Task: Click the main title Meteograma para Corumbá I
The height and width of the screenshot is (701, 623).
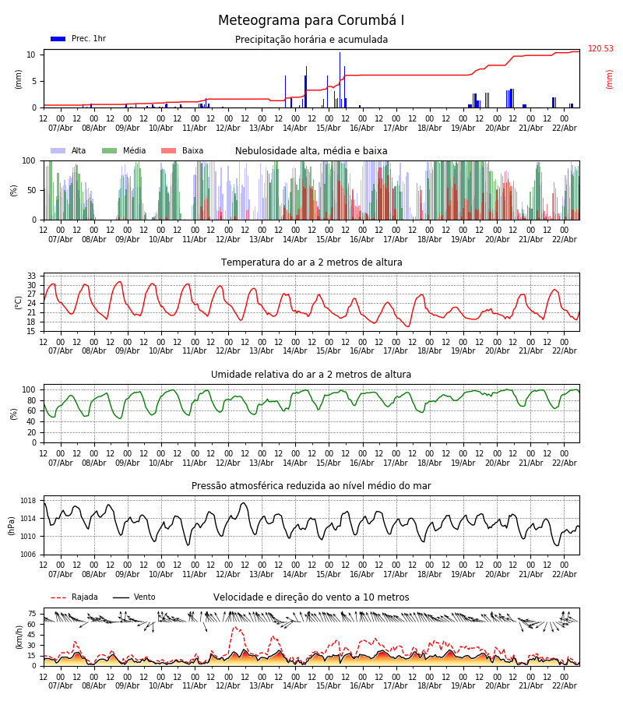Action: (x=311, y=21)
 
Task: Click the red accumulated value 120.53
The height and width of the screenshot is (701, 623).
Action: (x=600, y=49)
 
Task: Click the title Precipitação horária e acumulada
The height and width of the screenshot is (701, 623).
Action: (x=311, y=40)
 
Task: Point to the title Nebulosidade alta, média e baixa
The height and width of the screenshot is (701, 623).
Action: (x=311, y=151)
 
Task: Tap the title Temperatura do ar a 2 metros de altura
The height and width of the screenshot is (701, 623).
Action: (x=311, y=262)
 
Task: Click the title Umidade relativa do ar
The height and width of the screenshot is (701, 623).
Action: (x=311, y=375)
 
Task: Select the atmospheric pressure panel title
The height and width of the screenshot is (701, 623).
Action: (x=311, y=486)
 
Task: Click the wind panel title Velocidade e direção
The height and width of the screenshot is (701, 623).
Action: (x=311, y=597)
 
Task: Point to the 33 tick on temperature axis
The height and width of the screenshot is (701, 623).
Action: (x=32, y=276)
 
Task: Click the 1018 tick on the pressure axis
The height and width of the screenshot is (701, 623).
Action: (x=29, y=501)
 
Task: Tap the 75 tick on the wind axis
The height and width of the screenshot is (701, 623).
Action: (x=32, y=614)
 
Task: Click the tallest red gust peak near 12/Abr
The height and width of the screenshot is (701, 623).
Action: (x=236, y=627)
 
